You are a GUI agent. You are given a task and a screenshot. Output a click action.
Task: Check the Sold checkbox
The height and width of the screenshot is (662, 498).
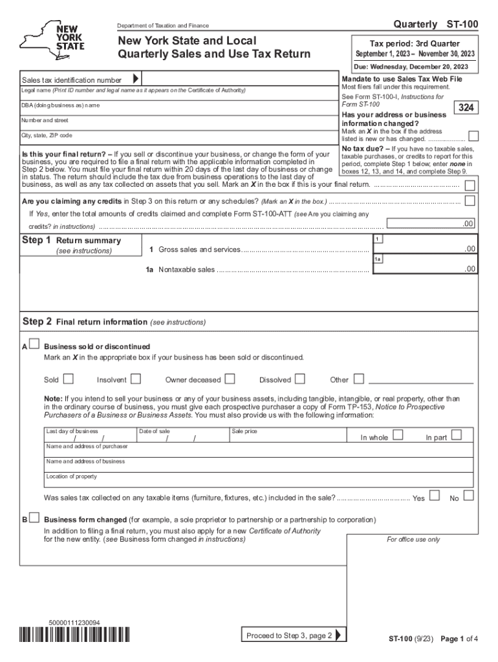coord(68,379)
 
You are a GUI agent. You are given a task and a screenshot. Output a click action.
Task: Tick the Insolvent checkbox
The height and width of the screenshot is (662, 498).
coord(136,379)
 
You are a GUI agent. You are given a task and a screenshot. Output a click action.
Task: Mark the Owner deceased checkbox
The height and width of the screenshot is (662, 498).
coord(230,379)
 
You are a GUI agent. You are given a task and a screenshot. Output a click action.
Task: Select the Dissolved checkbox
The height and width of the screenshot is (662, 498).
coord(299,379)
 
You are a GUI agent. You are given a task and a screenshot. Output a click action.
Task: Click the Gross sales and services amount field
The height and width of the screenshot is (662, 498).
coord(426,249)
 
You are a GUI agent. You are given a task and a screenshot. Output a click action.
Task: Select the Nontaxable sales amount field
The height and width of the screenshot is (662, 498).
coord(426,269)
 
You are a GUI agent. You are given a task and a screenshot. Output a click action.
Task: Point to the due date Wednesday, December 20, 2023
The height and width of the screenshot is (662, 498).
coord(414,67)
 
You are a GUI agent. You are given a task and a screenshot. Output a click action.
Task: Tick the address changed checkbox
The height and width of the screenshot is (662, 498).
coord(473,136)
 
